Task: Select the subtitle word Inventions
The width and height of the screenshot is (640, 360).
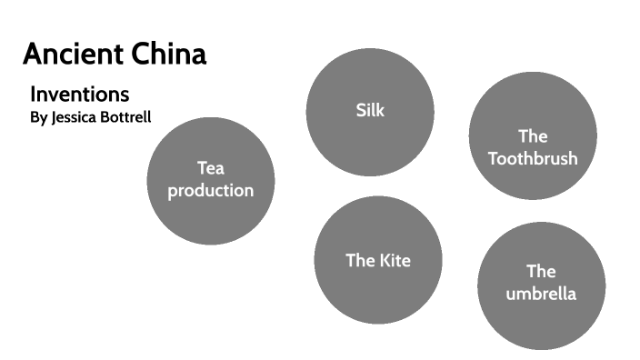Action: point(80,94)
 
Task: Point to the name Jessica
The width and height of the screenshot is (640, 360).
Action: point(75,117)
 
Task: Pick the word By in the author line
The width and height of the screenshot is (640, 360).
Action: point(38,117)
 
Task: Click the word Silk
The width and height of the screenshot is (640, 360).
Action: point(370,111)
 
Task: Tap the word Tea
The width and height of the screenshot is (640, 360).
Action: point(210,168)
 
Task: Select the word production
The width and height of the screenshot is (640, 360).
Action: point(210,191)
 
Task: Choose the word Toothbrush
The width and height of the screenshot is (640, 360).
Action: point(533,158)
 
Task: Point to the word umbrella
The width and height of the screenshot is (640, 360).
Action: point(541,294)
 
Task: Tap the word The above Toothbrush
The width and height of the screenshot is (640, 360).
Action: point(533,136)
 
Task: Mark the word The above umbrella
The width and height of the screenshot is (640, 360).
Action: point(541,271)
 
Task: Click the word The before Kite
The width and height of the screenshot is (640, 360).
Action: point(360,261)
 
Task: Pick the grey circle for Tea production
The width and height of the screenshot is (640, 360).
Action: point(210,218)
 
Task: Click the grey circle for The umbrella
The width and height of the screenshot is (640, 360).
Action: point(541,323)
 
